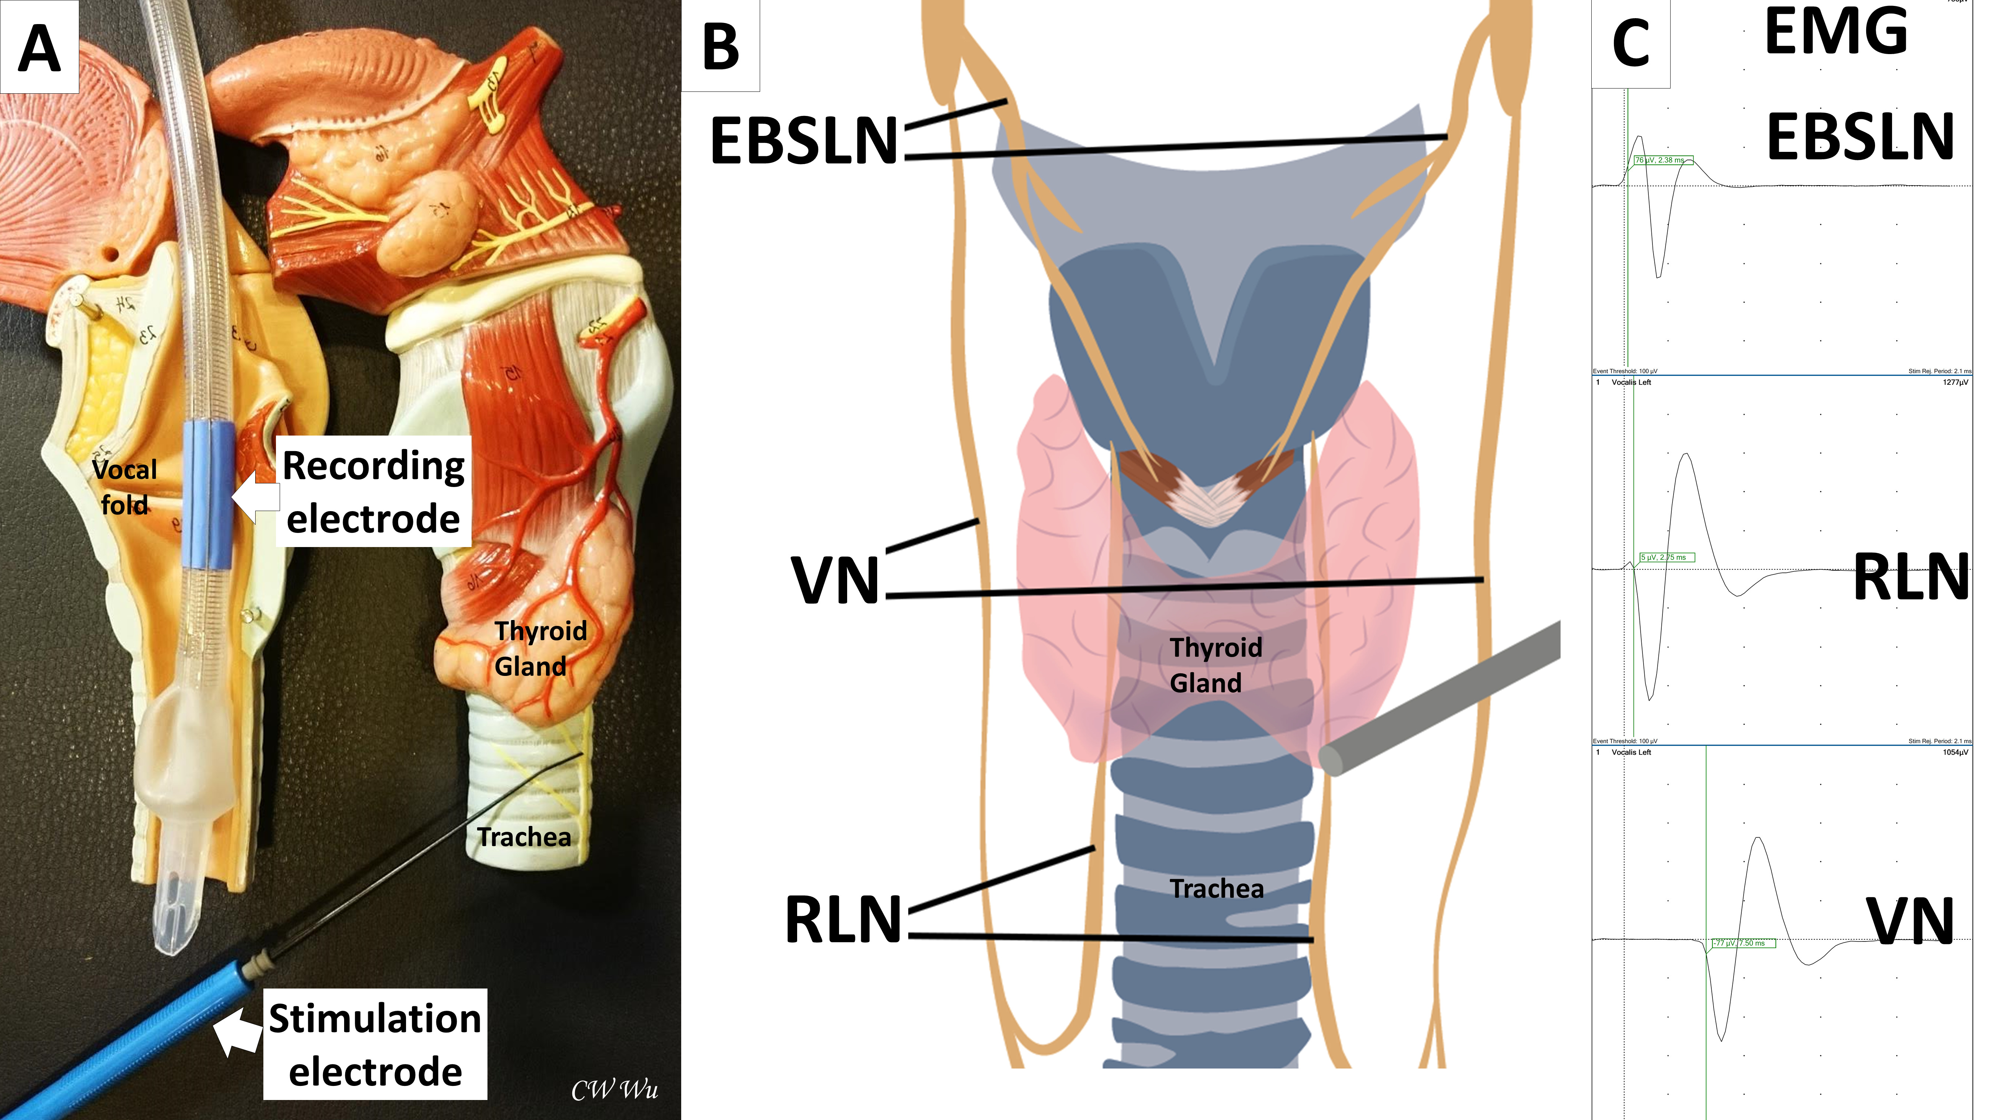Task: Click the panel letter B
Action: (x=720, y=46)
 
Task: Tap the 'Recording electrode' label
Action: (x=373, y=491)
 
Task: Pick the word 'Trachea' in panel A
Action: (x=524, y=836)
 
